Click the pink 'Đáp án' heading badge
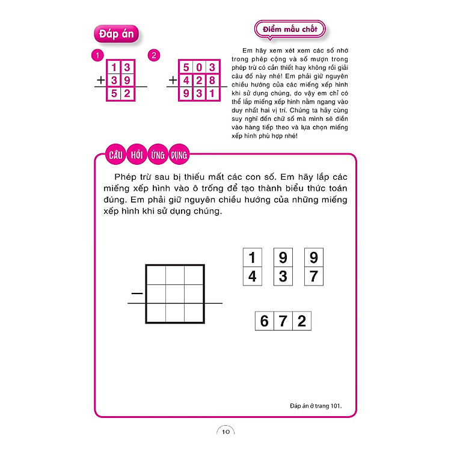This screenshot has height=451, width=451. coord(117,34)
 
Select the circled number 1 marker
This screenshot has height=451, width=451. coord(95,56)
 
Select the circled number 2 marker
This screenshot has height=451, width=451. coord(155,56)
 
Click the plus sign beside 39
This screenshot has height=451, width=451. coord(100,79)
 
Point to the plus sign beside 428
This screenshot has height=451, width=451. coord(173,79)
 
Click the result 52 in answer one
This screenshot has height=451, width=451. coord(120,93)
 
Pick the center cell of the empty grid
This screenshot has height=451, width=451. coord(174,293)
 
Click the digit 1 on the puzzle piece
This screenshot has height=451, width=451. coord(252,258)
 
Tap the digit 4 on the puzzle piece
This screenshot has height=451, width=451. coord(252,276)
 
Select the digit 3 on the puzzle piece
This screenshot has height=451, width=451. coord(283,276)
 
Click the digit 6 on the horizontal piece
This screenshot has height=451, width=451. coord(264,321)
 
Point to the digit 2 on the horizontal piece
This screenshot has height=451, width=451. coord(301,321)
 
